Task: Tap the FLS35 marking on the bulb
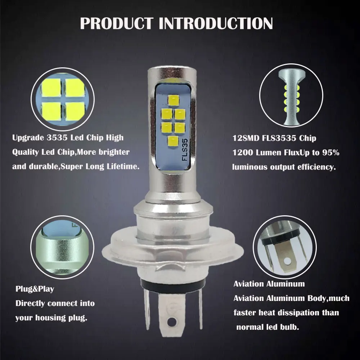(x=185, y=150)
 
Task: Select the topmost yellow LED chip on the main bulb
(x=174, y=100)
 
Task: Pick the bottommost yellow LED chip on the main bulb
(x=174, y=141)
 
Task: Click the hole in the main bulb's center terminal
(x=170, y=323)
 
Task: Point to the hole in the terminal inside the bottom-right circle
(x=287, y=261)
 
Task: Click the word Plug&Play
(x=35, y=289)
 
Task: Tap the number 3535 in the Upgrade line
(x=57, y=138)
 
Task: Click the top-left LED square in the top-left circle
(x=51, y=88)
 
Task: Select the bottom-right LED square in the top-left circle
(x=75, y=111)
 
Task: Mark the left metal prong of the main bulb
(x=147, y=308)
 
